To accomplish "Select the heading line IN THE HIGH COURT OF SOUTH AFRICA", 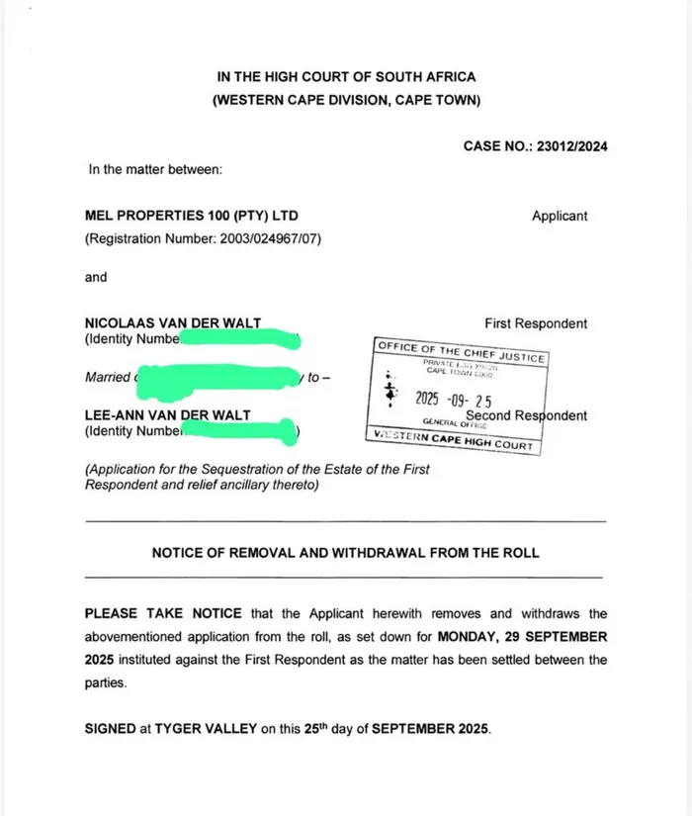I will pos(346,77).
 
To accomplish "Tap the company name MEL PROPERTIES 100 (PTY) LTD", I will pos(192,216).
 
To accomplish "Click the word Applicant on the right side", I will pos(560,216).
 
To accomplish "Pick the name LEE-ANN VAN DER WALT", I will pos(168,415).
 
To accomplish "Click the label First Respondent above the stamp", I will pos(536,323).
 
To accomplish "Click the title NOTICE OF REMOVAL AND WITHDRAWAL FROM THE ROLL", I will pos(345,553).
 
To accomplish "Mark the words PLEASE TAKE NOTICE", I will pos(151,614).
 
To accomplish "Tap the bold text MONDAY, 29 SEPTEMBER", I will pos(524,637).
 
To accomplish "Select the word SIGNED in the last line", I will pos(110,729).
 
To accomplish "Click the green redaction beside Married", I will pos(217,377).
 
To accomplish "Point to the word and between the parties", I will pos(96,277).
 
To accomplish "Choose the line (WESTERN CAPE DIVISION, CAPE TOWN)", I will pos(346,100).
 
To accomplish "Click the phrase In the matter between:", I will pos(155,169).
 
